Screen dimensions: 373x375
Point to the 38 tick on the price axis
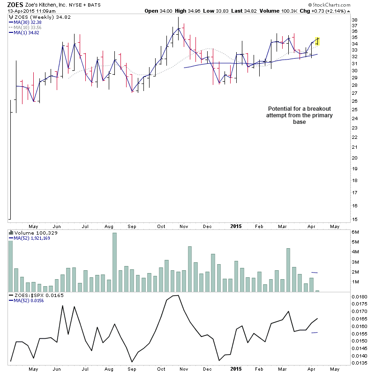pyautogui.click(x=355, y=20)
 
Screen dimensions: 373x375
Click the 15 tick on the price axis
pyautogui.click(x=355, y=219)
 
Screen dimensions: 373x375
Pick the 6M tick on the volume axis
pyautogui.click(x=356, y=232)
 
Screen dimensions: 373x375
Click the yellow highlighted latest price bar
pyautogui.click(x=317, y=41)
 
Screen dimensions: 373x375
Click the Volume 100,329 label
pyautogui.click(x=30, y=233)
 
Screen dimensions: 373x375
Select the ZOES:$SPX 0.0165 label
pyautogui.click(x=32, y=295)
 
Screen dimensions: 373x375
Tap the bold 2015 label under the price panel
pyautogui.click(x=236, y=226)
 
